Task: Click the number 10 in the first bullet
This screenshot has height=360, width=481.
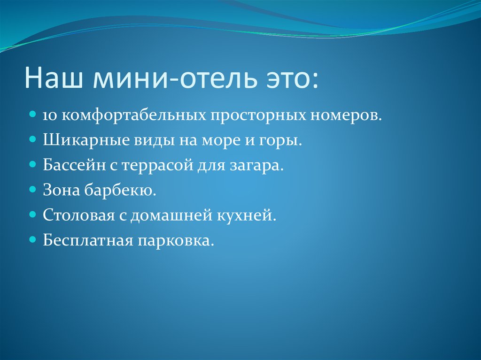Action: pyautogui.click(x=49, y=116)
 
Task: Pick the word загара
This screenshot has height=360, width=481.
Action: pyautogui.click(x=261, y=166)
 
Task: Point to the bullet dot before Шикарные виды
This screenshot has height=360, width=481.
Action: pyautogui.click(x=33, y=140)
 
